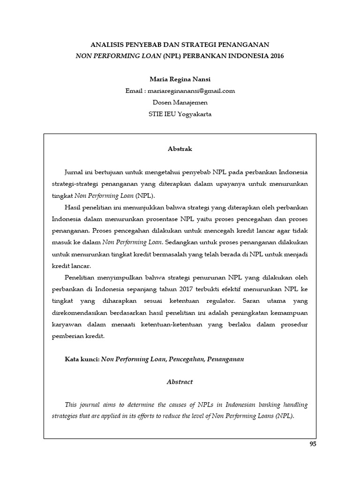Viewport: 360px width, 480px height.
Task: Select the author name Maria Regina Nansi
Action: (180, 79)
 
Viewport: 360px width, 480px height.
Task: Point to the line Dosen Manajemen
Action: (180, 103)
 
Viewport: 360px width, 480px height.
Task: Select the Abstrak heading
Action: (180, 149)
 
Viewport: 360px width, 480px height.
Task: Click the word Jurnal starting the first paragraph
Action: (74, 172)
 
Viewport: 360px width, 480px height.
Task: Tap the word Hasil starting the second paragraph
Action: (73, 207)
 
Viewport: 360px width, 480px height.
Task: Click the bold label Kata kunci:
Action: (82, 359)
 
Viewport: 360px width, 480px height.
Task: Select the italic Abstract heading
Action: (180, 382)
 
